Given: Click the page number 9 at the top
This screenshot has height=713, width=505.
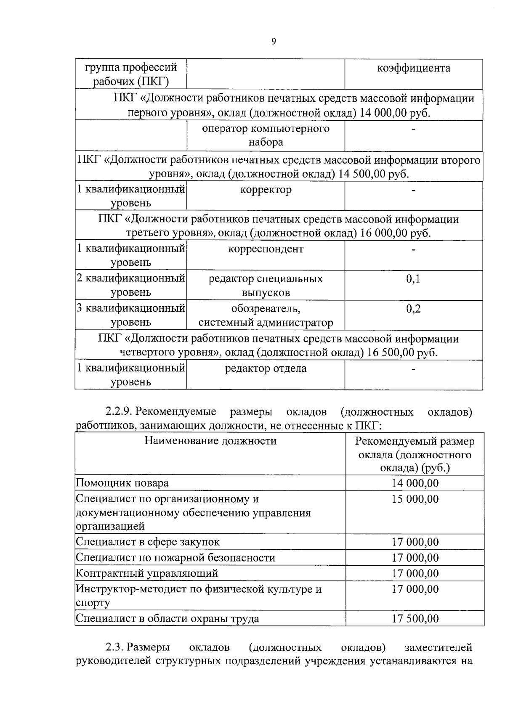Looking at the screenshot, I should [274, 41].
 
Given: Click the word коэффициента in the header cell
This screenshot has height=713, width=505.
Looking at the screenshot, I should [413, 68].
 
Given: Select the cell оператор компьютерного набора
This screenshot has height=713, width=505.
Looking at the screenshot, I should [266, 135].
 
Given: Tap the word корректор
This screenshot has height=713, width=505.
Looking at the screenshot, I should [266, 190].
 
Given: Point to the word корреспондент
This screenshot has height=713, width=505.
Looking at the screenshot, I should [266, 249].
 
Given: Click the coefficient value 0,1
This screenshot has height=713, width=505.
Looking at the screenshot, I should [413, 279].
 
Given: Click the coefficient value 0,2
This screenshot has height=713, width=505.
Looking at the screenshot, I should [413, 309].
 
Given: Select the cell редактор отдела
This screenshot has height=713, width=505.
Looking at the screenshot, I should [266, 369].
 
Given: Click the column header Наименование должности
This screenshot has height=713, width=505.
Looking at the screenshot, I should [210, 441].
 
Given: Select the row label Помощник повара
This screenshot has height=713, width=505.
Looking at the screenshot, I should [122, 483].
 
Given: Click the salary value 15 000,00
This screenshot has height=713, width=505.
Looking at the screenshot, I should [415, 499].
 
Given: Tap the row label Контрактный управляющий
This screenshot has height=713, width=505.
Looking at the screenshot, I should [147, 573].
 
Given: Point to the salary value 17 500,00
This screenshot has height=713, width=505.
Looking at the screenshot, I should [415, 619].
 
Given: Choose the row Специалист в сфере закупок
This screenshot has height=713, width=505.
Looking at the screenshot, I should [148, 542].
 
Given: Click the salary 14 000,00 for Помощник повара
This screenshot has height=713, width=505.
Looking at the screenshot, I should [415, 483].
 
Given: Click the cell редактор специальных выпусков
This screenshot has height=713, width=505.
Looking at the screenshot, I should [266, 285].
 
